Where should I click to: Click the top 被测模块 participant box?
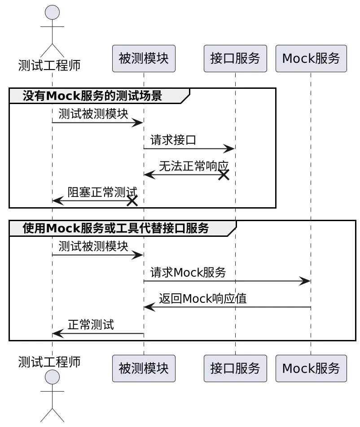click(x=144, y=58)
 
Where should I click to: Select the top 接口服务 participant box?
click(x=235, y=58)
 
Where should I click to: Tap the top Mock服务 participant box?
click(x=311, y=58)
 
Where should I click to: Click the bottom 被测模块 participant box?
click(x=144, y=368)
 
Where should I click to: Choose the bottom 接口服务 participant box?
click(x=235, y=368)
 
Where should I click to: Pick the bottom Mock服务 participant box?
click(x=311, y=368)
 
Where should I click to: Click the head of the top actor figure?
click(x=52, y=13)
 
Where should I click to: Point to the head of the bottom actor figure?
click(x=52, y=377)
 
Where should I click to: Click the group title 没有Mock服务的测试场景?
click(x=92, y=96)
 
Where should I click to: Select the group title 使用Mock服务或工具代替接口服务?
click(x=116, y=228)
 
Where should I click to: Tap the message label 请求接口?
click(x=173, y=140)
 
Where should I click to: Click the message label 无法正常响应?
click(x=194, y=166)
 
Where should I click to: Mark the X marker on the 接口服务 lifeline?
click(x=224, y=175)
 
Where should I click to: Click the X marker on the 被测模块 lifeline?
click(x=132, y=201)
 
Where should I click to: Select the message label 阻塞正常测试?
click(x=102, y=192)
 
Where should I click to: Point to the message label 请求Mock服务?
click(x=188, y=272)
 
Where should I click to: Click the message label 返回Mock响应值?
click(x=202, y=299)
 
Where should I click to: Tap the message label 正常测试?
click(x=91, y=325)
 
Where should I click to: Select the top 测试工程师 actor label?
click(x=49, y=65)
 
